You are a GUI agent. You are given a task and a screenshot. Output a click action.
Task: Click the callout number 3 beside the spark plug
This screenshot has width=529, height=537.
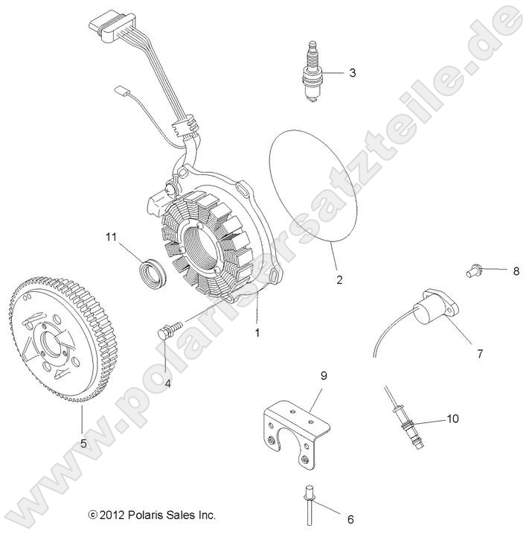click(352, 73)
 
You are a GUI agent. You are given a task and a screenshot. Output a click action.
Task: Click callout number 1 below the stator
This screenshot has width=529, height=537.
click(257, 333)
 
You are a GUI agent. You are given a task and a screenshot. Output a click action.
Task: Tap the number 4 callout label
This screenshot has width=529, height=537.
click(167, 384)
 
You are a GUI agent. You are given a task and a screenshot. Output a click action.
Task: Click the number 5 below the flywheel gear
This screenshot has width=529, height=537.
click(83, 443)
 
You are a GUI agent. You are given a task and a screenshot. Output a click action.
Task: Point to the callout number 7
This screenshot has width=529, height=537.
click(479, 354)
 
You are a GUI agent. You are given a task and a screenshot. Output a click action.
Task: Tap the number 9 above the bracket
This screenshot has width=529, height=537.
click(324, 377)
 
